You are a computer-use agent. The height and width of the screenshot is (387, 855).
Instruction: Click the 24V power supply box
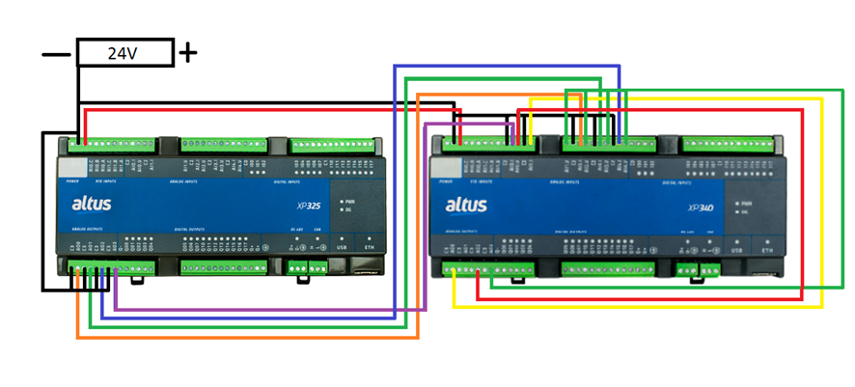(x=124, y=53)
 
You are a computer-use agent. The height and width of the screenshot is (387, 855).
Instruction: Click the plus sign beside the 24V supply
(x=188, y=52)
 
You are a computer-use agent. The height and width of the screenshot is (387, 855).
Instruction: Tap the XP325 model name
(x=310, y=205)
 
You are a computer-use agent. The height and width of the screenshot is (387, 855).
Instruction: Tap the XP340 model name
(x=701, y=206)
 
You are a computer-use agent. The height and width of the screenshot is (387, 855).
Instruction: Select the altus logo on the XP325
(x=94, y=204)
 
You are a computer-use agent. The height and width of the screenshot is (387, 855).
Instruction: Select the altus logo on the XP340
(x=466, y=205)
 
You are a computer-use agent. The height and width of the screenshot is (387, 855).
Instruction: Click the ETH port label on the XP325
(x=369, y=247)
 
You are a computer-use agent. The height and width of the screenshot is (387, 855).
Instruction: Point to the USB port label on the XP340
(x=737, y=251)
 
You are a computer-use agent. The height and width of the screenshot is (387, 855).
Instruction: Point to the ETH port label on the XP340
(x=767, y=251)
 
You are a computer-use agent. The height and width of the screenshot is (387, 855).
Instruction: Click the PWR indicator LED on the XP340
(x=735, y=204)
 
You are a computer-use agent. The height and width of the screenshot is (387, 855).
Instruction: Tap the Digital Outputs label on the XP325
(x=193, y=230)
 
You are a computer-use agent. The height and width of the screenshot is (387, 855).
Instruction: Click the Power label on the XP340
(x=445, y=180)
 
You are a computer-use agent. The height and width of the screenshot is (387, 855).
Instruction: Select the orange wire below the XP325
(x=241, y=337)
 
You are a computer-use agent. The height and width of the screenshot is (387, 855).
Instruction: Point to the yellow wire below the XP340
(x=637, y=307)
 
